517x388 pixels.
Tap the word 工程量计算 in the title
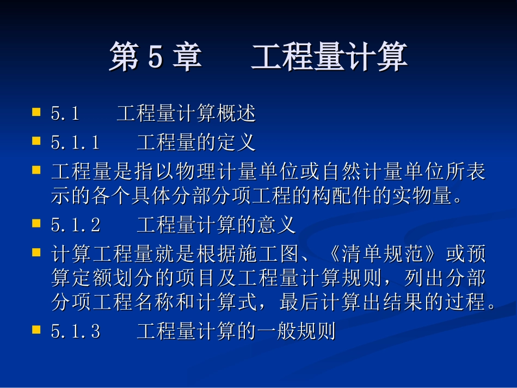click(329, 58)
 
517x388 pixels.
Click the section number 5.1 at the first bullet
click(65, 114)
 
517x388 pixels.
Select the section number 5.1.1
click(75, 143)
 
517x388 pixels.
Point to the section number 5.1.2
click(75, 224)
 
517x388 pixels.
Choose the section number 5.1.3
click(75, 332)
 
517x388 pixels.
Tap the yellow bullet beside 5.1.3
click(36, 330)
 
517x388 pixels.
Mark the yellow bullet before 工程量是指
click(36, 170)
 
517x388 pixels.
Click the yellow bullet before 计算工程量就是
click(36, 252)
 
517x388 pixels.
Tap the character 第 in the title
click(124, 58)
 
